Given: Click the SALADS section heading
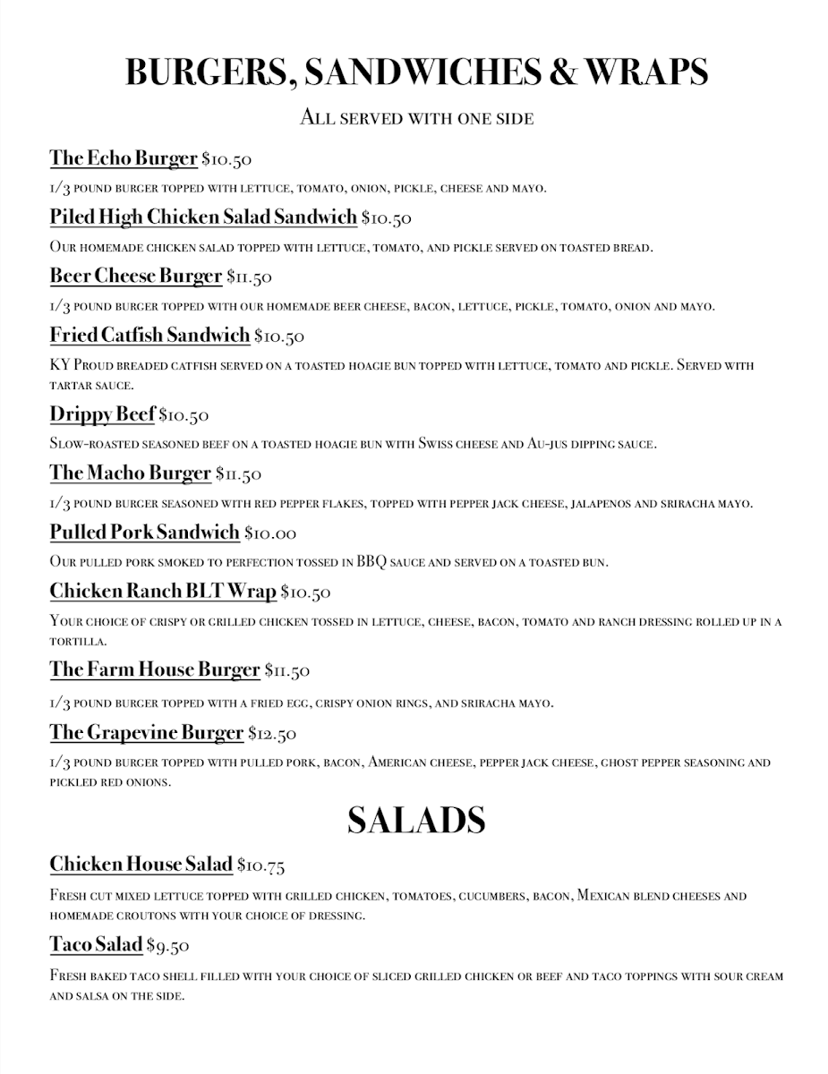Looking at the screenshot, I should pos(415,820).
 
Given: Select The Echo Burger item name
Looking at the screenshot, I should pos(123,158).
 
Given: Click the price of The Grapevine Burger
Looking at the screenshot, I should pos(272,734).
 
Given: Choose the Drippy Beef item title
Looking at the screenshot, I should pos(102,414).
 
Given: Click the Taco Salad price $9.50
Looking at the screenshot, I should pos(167,945).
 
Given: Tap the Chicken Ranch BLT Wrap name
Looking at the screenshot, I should pos(162,592).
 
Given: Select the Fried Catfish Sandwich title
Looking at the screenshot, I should pos(149,336).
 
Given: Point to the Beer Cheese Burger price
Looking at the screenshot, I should pos(249,277).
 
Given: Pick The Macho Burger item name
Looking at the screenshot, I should pos(130,473).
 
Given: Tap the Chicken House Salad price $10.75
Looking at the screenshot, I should pos(260,865).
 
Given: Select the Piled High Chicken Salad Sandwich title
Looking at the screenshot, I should pos(203,217).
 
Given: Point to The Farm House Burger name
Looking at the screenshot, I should pos(154,669).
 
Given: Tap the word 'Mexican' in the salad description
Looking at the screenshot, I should pos(601,895).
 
